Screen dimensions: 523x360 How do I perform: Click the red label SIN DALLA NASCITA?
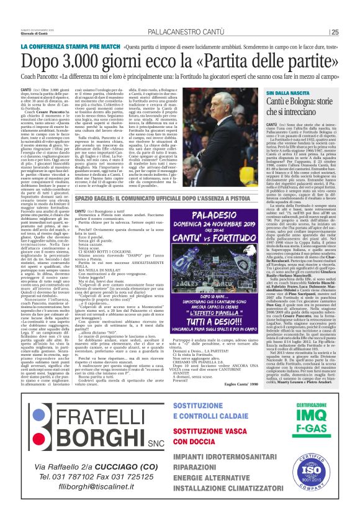(x=261, y=93)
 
